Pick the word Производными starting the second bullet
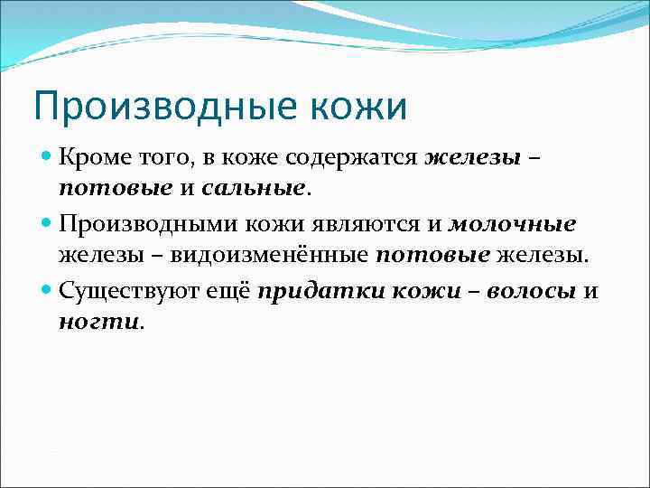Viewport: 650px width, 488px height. [x=138, y=222]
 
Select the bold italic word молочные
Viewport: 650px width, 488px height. [x=512, y=222]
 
